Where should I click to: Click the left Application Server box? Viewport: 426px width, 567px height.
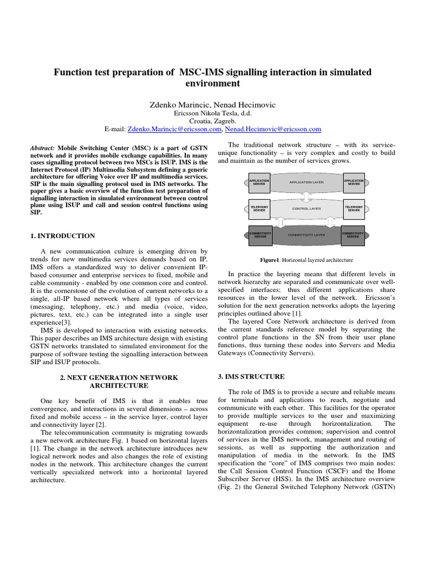click(x=259, y=182)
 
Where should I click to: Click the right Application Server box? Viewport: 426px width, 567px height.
click(x=353, y=182)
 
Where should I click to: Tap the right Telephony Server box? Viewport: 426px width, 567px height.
click(x=353, y=209)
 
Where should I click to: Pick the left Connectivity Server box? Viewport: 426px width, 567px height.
click(x=259, y=235)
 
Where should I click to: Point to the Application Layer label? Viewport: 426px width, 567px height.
click(x=306, y=182)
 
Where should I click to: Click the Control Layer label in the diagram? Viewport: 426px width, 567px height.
click(x=306, y=209)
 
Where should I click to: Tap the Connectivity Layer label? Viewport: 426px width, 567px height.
click(x=306, y=235)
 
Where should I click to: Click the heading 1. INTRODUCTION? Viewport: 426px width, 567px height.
click(x=63, y=236)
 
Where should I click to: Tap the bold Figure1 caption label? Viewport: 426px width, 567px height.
click(x=272, y=260)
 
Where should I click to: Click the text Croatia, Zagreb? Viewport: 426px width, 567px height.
click(x=213, y=121)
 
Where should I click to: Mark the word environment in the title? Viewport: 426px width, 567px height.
click(x=213, y=84)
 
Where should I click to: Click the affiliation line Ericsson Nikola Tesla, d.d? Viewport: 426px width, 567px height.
click(x=213, y=113)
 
